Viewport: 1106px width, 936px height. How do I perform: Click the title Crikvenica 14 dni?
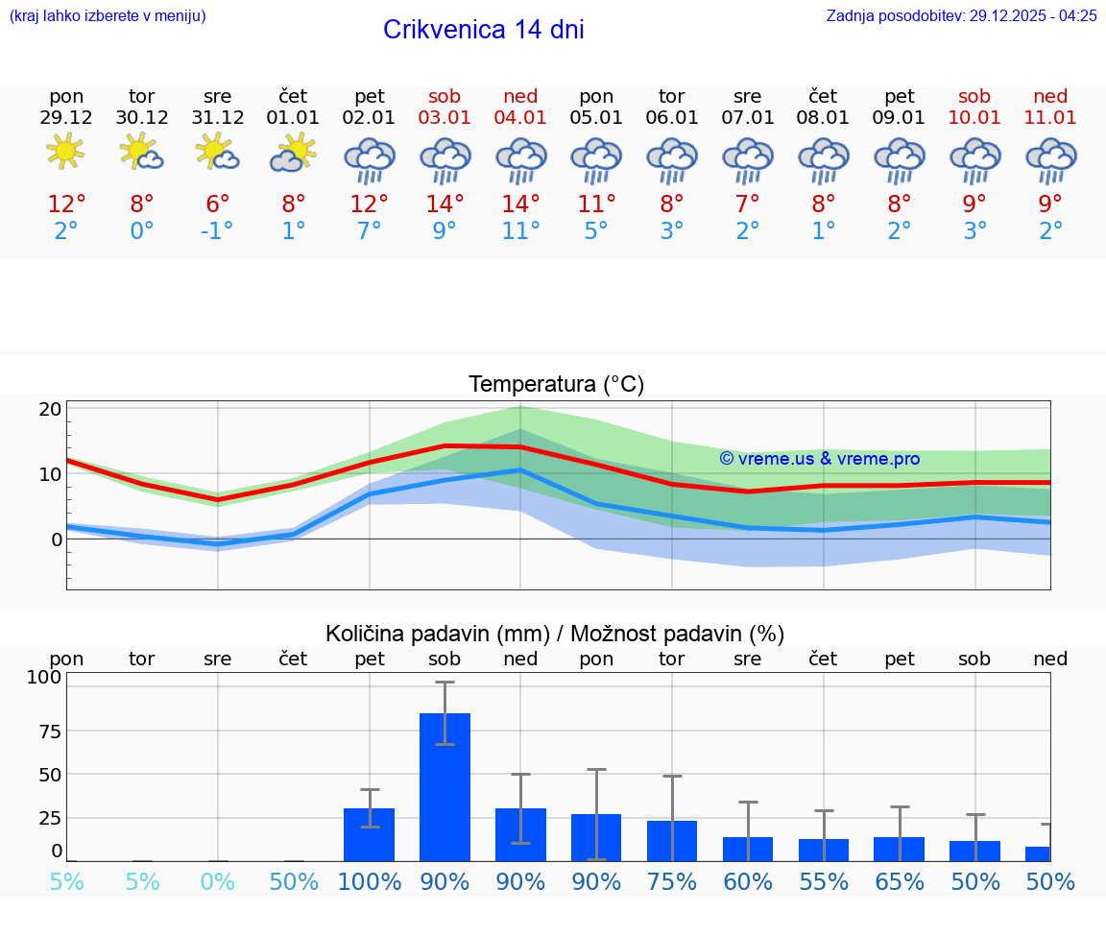483,30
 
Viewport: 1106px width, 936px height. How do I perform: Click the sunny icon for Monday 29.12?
65,152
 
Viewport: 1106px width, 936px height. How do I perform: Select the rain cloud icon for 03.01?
445,159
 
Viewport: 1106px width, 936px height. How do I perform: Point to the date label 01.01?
293,117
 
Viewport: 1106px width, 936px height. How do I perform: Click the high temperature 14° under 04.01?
520,204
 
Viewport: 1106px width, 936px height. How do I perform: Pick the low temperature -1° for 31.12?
217,230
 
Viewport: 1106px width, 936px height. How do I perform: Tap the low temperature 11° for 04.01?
520,230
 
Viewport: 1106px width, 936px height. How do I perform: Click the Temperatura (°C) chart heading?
556,384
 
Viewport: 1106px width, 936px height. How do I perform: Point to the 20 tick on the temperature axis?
50,409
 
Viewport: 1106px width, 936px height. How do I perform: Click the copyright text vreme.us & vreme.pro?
819,459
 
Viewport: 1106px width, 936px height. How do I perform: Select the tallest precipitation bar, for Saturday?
445,787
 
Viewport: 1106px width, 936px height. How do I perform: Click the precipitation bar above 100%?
369,834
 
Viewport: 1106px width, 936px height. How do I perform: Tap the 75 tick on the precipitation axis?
49,731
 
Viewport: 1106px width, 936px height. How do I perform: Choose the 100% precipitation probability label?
369,881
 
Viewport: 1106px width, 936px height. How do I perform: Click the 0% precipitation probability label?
217,881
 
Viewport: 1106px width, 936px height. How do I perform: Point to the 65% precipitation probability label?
900,881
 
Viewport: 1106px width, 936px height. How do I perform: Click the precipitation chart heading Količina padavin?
555,634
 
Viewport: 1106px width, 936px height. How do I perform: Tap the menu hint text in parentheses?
107,15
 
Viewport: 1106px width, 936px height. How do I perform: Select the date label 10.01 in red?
974,117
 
